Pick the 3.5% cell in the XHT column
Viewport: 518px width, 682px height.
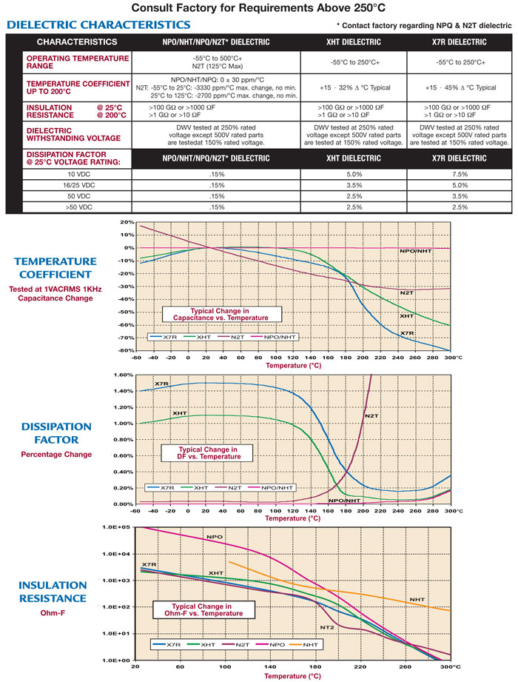[354, 185]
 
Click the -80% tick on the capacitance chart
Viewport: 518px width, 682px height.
[124, 350]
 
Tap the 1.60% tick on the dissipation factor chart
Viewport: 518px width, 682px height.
[122, 375]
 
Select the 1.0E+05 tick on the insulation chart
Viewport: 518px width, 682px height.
[119, 527]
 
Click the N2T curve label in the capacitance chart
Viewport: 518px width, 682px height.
[406, 293]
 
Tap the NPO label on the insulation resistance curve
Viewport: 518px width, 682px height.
[215, 537]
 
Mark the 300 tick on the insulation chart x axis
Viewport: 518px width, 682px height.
[446, 666]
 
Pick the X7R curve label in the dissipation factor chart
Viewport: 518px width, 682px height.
[162, 384]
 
